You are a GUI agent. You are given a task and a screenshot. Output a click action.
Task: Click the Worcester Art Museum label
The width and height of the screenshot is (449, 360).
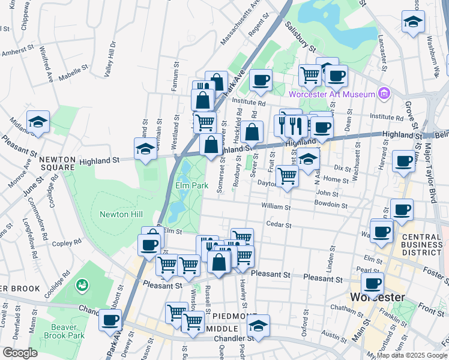331,94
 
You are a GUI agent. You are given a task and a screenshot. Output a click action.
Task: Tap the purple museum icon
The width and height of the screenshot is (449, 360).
384,93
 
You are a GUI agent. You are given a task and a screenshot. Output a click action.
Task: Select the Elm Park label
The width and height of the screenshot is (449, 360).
192,186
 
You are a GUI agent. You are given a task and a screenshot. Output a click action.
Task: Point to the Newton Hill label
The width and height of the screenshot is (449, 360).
113,214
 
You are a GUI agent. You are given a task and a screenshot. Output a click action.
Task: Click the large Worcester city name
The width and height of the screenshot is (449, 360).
376,297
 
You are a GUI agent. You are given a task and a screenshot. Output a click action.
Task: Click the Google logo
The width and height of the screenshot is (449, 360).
19,353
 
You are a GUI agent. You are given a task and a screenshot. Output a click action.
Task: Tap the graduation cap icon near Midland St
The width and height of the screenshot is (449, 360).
38,122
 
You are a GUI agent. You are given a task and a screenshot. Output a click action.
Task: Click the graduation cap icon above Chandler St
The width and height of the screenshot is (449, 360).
258,326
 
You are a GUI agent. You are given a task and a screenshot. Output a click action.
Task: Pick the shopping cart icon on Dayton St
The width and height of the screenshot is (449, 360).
287,176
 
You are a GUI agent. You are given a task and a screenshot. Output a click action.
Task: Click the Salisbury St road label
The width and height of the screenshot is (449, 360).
301,35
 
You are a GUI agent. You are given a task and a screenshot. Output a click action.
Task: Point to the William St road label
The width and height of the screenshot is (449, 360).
276,207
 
